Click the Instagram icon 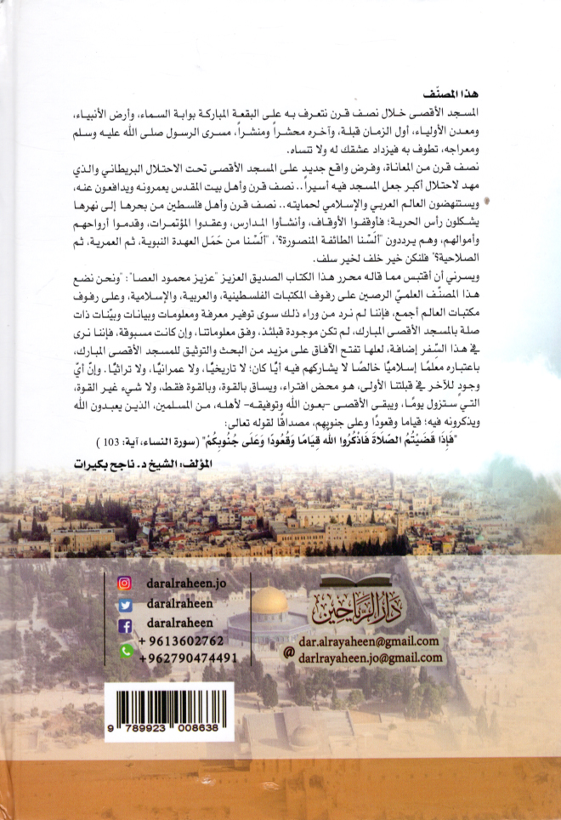[125, 584]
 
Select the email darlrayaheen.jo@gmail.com [372, 658]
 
